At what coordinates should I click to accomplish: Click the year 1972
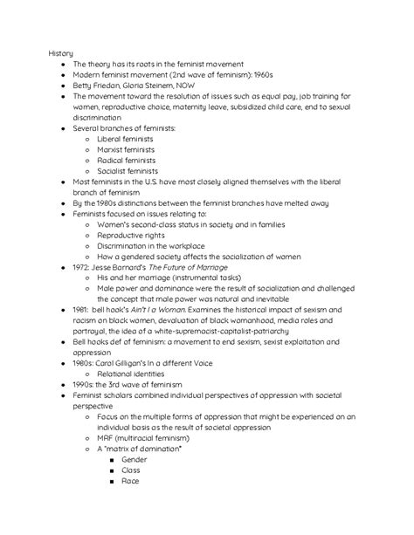[82, 268]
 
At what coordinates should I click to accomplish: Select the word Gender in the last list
[135, 459]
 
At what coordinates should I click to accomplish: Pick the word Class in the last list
[131, 470]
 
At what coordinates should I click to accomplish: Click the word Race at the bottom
[130, 481]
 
